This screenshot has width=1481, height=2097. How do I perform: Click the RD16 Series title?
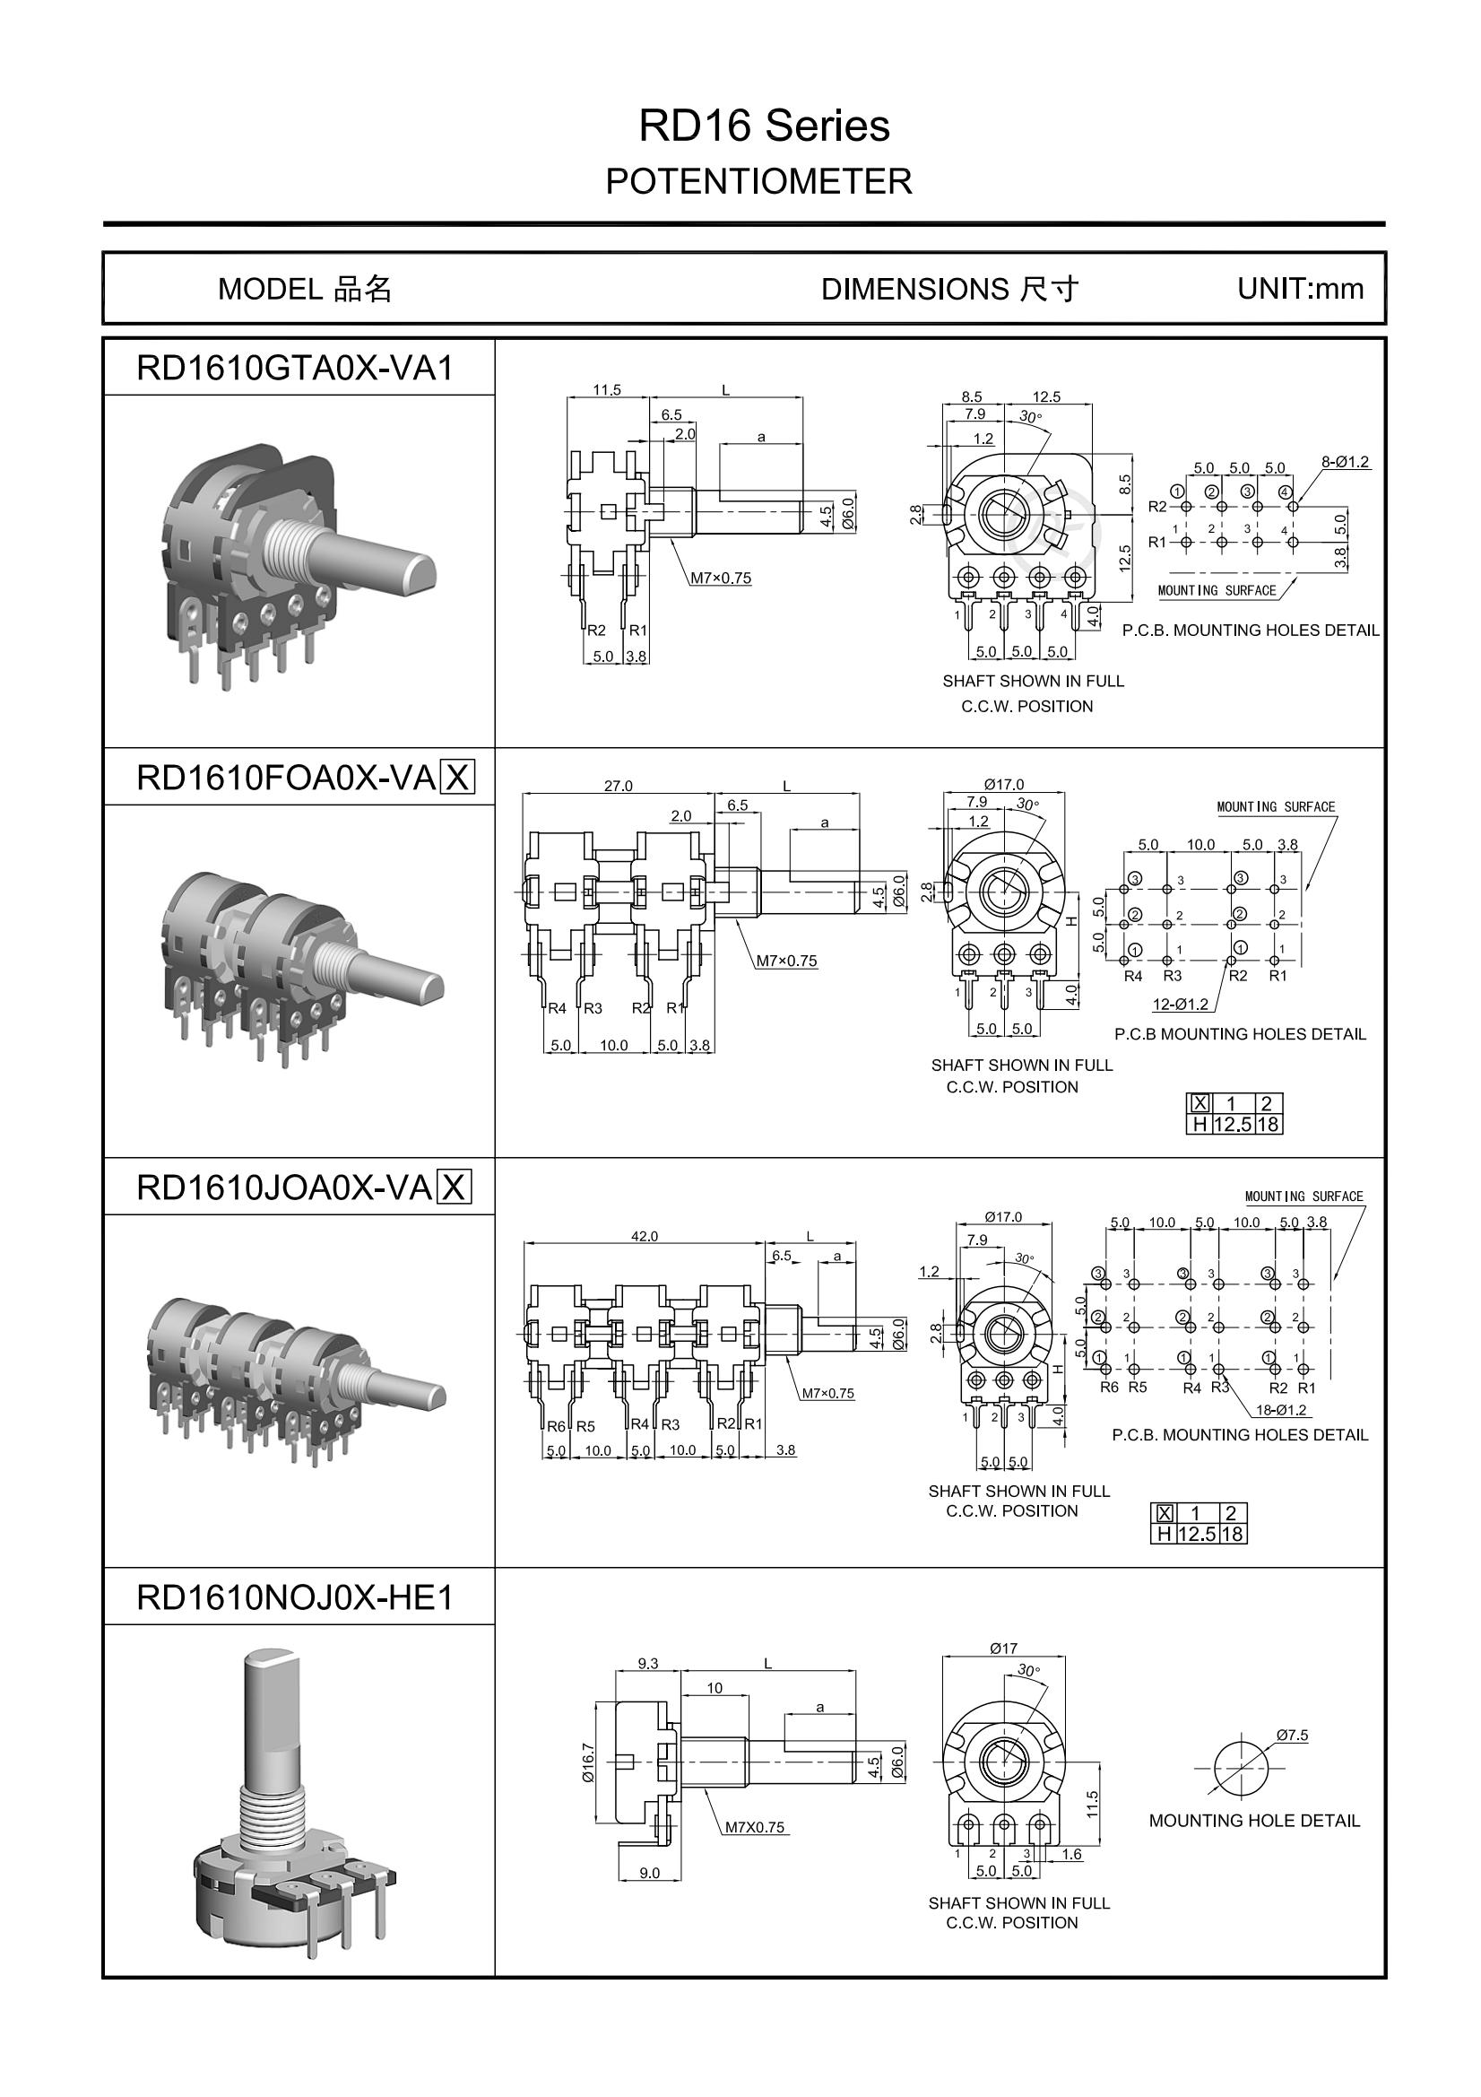(763, 126)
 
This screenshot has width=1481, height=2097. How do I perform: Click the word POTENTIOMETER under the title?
(758, 182)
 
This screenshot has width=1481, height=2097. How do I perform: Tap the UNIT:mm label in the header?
(1299, 289)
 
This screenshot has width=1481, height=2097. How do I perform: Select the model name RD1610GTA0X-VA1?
(294, 368)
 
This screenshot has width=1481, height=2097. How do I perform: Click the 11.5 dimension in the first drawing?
(606, 390)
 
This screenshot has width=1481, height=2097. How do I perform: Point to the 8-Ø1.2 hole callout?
(1345, 462)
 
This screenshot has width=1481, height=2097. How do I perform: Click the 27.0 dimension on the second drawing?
(618, 786)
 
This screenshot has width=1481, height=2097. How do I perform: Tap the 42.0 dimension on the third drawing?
(644, 1236)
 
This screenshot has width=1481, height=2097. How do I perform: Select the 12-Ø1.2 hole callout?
(1180, 1004)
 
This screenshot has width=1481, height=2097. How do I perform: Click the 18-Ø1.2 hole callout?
(1281, 1409)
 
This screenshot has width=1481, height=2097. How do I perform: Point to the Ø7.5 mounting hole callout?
(1292, 1735)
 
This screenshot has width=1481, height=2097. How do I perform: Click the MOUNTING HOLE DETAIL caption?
(1253, 1820)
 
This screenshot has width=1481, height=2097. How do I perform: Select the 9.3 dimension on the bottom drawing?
(647, 1663)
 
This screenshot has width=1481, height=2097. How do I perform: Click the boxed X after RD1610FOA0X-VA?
(456, 779)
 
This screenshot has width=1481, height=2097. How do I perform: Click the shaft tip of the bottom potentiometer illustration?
(267, 1657)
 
